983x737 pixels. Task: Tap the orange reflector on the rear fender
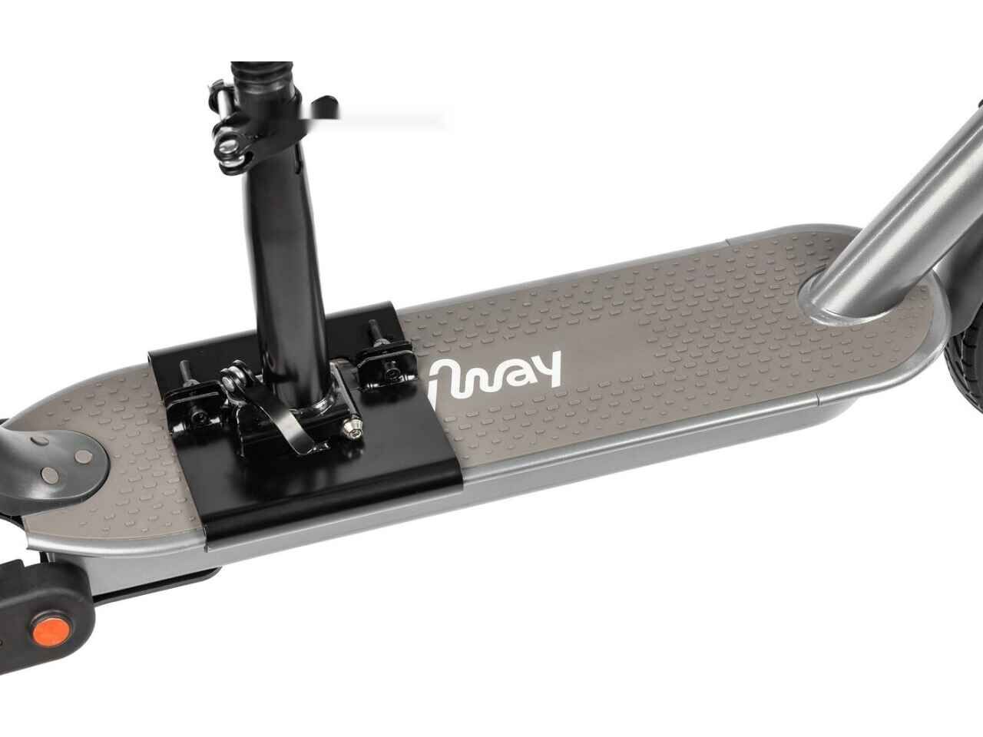[x=50, y=629]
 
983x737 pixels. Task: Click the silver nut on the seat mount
[x=352, y=428]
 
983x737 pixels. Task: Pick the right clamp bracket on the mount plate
[x=386, y=362]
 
